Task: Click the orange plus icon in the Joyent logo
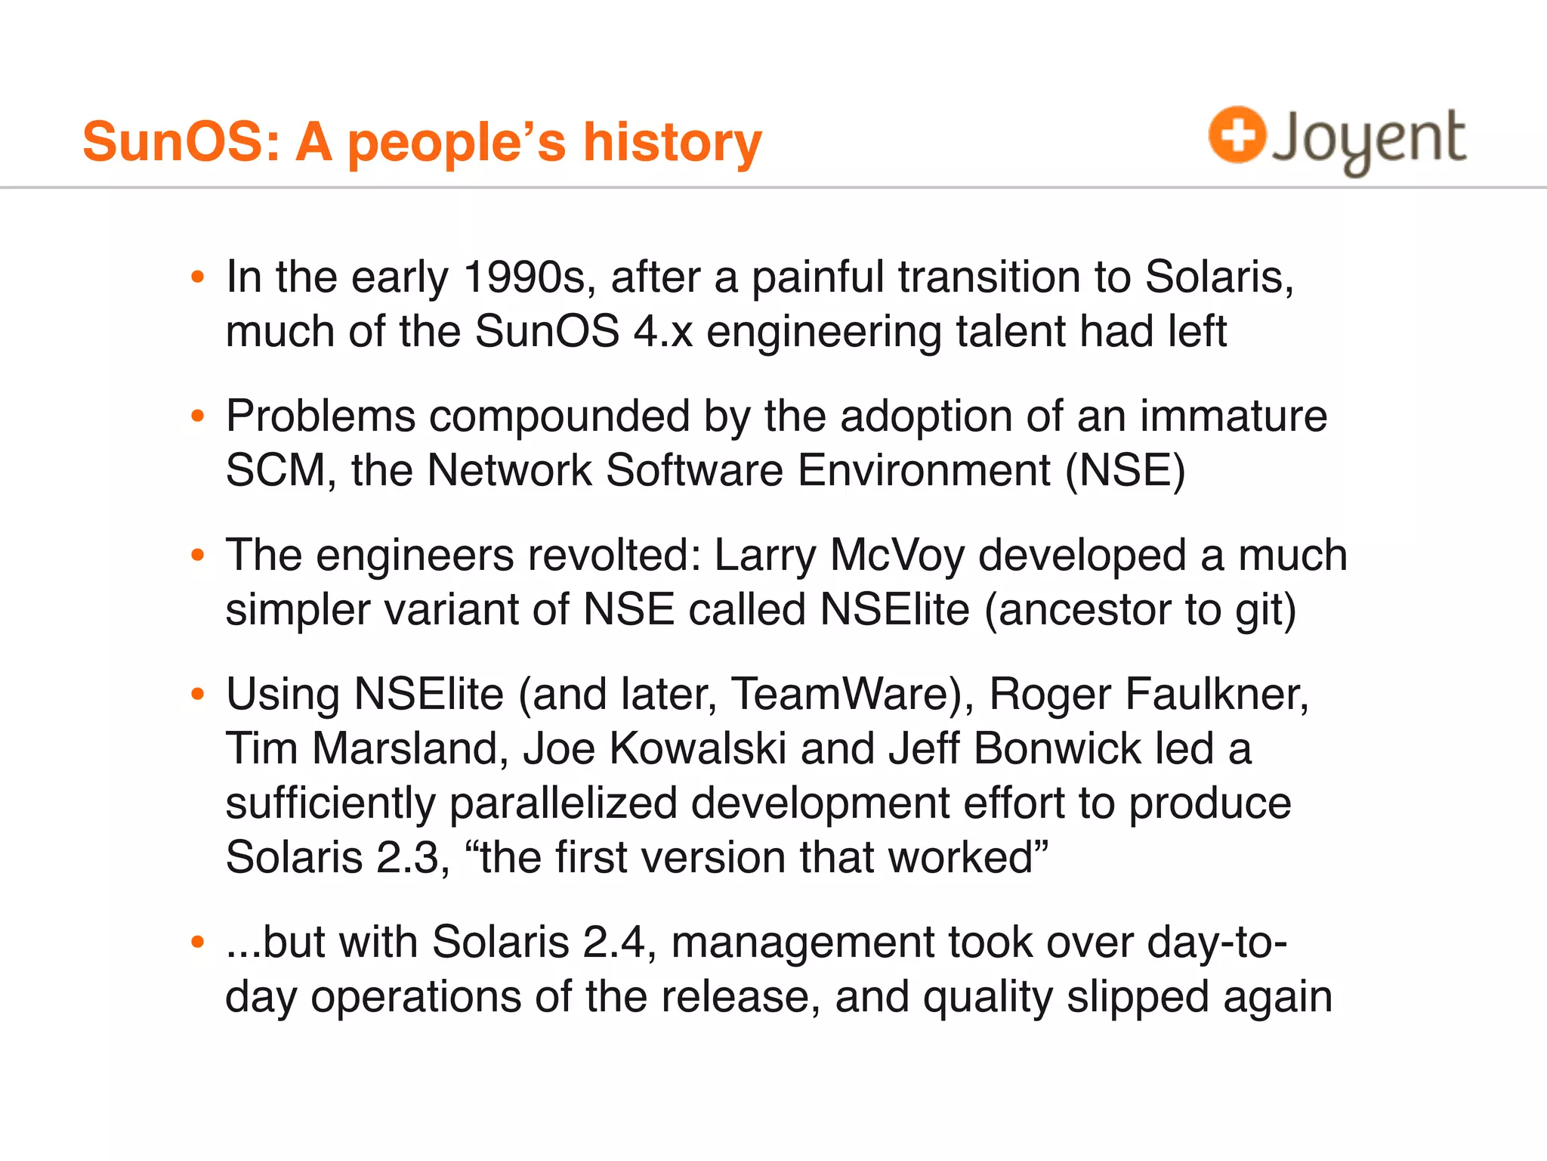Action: pyautogui.click(x=1237, y=135)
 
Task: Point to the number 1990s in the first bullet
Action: pyautogui.click(x=523, y=277)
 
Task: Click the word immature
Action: pyautogui.click(x=1233, y=416)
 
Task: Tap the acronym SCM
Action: pyautogui.click(x=276, y=471)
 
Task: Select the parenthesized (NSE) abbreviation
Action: pyautogui.click(x=1126, y=471)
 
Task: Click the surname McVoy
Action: pyautogui.click(x=897, y=556)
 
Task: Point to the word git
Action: pyautogui.click(x=1266, y=611)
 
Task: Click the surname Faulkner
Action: pyautogui.click(x=1216, y=694)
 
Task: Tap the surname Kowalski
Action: pyautogui.click(x=698, y=749)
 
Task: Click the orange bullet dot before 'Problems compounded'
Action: pyautogui.click(x=198, y=416)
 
